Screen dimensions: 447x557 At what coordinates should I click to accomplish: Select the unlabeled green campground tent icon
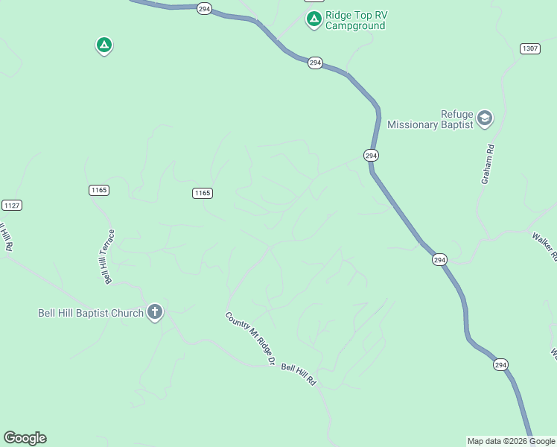pyautogui.click(x=104, y=46)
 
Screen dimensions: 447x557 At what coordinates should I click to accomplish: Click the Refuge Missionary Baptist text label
pyautogui.click(x=430, y=119)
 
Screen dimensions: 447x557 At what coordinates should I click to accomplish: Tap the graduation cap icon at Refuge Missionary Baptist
pyautogui.click(x=485, y=118)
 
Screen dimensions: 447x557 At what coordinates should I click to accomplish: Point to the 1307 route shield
pyautogui.click(x=529, y=48)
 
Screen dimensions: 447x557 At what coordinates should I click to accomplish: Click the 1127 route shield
pyautogui.click(x=11, y=205)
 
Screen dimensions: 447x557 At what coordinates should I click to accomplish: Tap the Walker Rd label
pyautogui.click(x=544, y=247)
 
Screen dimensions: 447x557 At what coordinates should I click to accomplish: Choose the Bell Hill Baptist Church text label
pyautogui.click(x=90, y=313)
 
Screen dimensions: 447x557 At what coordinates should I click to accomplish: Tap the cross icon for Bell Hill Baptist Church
pyautogui.click(x=155, y=311)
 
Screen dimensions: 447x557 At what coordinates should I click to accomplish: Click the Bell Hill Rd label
pyautogui.click(x=299, y=375)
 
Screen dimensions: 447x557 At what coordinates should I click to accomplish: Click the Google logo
pyautogui.click(x=25, y=438)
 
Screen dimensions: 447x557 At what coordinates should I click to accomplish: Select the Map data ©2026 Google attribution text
pyautogui.click(x=512, y=441)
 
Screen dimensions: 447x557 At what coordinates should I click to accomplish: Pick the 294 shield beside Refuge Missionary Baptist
pyautogui.click(x=372, y=155)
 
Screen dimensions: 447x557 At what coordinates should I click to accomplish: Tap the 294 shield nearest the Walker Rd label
pyautogui.click(x=439, y=259)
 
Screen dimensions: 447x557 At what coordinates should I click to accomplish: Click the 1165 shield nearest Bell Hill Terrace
pyautogui.click(x=99, y=190)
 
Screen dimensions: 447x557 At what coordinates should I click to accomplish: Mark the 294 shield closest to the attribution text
pyautogui.click(x=500, y=364)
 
